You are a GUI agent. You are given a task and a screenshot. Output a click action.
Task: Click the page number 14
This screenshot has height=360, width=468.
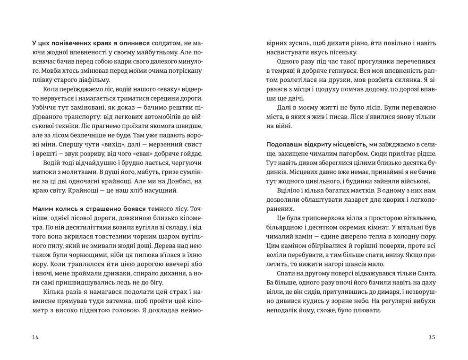pyautogui.click(x=35, y=337)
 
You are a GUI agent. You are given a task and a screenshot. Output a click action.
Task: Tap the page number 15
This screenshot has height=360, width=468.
pyautogui.click(x=432, y=337)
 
